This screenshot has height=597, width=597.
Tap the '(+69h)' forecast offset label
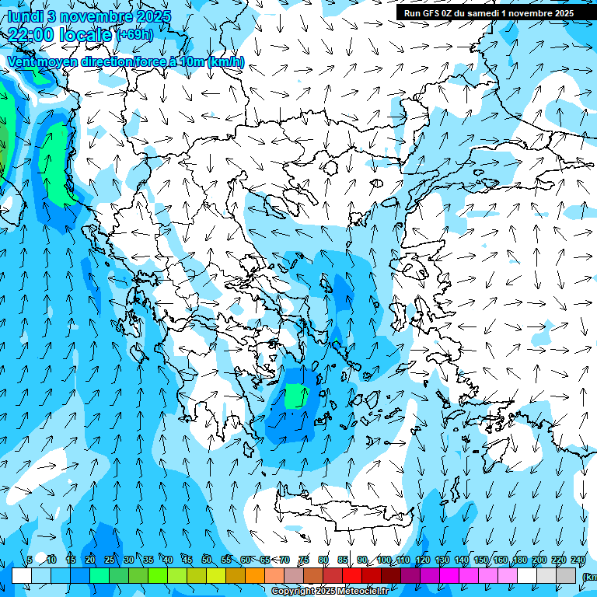click(134, 35)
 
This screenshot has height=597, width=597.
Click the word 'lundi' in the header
click(25, 16)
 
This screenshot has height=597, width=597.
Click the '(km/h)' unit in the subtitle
click(226, 61)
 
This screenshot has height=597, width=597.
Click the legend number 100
click(383, 560)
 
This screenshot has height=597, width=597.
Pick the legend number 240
click(578, 560)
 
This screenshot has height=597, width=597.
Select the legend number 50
click(207, 560)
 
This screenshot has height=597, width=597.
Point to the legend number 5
click(30, 560)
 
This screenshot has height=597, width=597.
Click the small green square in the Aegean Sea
click(295, 396)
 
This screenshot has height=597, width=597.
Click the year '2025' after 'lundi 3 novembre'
click(154, 16)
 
